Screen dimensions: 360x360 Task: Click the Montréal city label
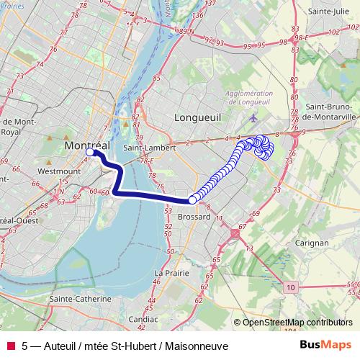click(x=86, y=145)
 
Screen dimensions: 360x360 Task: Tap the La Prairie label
click(x=172, y=273)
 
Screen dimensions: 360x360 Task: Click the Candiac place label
click(x=143, y=318)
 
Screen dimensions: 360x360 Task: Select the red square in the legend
click(x=10, y=346)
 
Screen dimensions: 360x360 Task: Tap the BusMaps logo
click(x=325, y=346)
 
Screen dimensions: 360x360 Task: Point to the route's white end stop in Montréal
click(x=90, y=153)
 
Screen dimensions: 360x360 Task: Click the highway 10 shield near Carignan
click(x=289, y=287)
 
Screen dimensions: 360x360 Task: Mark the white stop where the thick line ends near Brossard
click(x=192, y=200)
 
